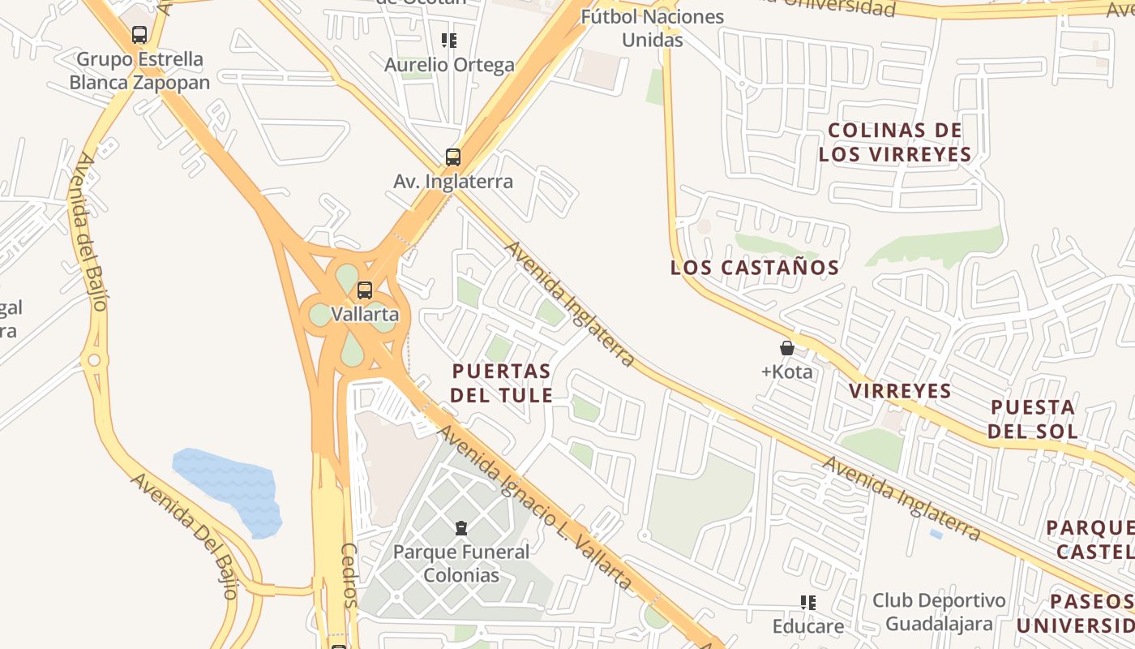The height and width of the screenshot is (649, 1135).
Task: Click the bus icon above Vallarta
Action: (365, 290)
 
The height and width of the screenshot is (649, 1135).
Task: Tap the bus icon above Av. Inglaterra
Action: (452, 157)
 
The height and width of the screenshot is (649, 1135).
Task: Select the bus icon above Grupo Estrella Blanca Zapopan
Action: (139, 35)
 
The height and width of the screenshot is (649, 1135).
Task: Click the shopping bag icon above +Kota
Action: (786, 348)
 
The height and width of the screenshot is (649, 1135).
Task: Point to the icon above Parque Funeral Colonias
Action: (461, 528)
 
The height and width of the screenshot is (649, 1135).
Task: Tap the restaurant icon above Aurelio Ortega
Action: (449, 40)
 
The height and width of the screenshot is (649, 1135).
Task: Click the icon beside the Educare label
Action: (807, 602)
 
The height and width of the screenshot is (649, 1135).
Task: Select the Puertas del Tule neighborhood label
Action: (503, 383)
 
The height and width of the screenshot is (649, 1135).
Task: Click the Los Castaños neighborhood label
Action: (754, 267)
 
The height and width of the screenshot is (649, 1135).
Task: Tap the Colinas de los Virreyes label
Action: (895, 142)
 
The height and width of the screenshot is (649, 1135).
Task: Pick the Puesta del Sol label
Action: (1033, 419)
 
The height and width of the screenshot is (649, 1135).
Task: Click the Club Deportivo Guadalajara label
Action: (939, 612)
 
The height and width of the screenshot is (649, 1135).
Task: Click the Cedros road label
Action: (349, 575)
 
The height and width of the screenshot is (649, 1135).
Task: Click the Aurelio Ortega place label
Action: (449, 65)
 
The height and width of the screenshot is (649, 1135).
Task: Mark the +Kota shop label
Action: (786, 372)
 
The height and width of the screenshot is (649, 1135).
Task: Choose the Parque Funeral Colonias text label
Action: (461, 564)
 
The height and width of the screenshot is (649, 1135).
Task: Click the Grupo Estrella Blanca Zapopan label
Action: (139, 71)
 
